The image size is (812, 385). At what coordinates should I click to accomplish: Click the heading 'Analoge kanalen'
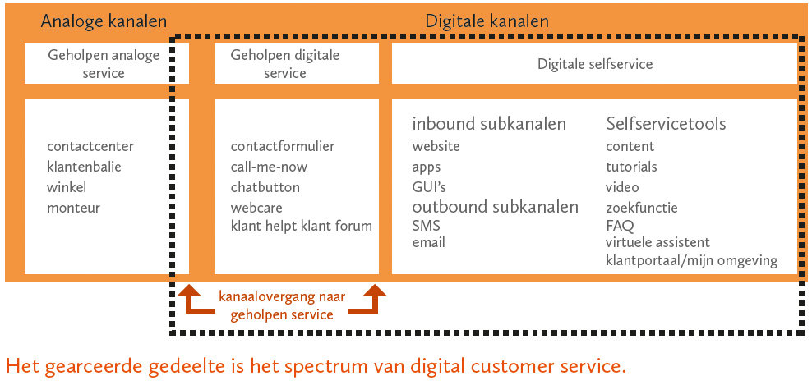coord(104,21)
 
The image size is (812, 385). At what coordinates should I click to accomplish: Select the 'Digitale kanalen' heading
coord(487,21)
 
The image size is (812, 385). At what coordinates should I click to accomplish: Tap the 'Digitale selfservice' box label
coord(595,64)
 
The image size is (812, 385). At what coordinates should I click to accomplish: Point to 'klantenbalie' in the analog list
coord(84,167)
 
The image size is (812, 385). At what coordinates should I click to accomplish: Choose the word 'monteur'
coord(73,208)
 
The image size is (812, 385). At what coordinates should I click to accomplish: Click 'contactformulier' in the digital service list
coord(283,146)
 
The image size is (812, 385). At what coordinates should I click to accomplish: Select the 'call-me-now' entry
coord(270,167)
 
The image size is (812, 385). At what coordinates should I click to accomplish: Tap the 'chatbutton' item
coord(265,187)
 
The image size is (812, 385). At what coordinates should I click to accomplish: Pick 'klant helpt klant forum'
coord(302,226)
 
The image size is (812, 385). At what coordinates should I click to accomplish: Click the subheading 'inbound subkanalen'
coord(489,124)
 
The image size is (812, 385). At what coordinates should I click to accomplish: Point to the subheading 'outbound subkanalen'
coord(495,207)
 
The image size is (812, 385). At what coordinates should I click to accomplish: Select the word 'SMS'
coord(427,226)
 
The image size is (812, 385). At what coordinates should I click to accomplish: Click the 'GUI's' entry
coord(429,187)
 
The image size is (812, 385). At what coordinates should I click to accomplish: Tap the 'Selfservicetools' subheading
coord(666,124)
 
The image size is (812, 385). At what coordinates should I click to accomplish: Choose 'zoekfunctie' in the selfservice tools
coord(642,209)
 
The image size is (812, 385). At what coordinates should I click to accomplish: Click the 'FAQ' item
coord(620,226)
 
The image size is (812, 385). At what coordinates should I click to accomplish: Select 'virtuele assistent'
coord(657,242)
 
